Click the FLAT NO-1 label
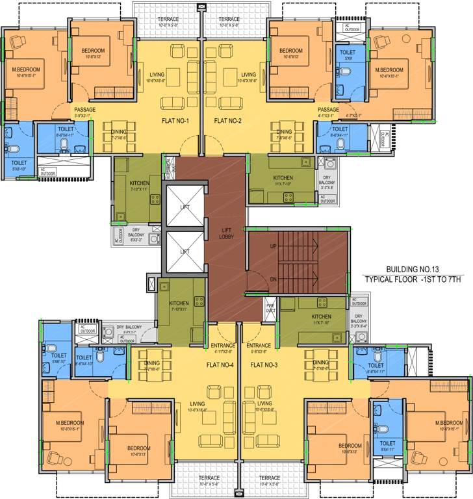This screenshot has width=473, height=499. point(175,122)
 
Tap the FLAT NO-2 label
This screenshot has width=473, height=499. point(227,122)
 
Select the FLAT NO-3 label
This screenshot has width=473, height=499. point(263,365)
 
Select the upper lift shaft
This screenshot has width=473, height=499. point(185,206)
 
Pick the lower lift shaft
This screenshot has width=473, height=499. point(185,251)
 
